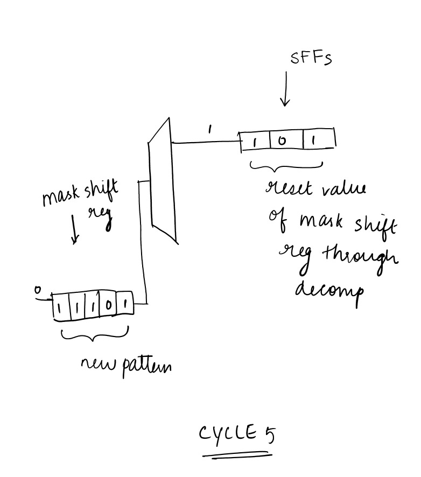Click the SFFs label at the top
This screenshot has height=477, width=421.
pyautogui.click(x=311, y=58)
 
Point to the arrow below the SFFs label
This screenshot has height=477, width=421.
pyautogui.click(x=285, y=89)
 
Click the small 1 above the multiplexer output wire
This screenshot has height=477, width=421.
pyautogui.click(x=210, y=130)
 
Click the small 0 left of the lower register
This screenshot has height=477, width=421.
pyautogui.click(x=37, y=291)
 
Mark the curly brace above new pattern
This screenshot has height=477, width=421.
pyautogui.click(x=95, y=335)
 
